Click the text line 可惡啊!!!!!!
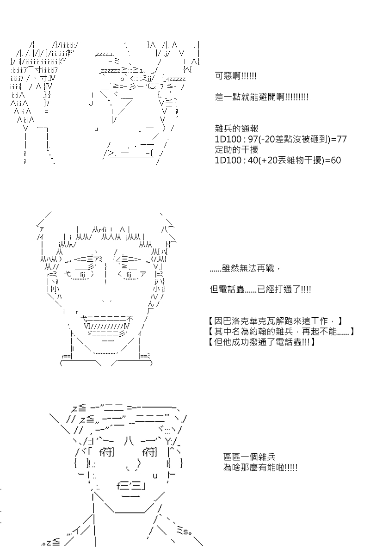coord(236,76)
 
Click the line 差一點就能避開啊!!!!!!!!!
coord(261,97)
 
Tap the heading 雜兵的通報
coord(236,129)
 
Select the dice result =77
coord(339,139)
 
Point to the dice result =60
coord(333,160)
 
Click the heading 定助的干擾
coord(236,150)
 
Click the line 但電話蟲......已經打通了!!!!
coord(260,290)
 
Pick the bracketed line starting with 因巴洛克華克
coord(275,321)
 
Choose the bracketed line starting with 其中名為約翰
coord(281,332)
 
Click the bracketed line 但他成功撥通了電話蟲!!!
coord(262,342)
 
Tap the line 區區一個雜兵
coord(249,456)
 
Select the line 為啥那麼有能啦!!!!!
coord(260,468)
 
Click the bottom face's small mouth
coord(131,490)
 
